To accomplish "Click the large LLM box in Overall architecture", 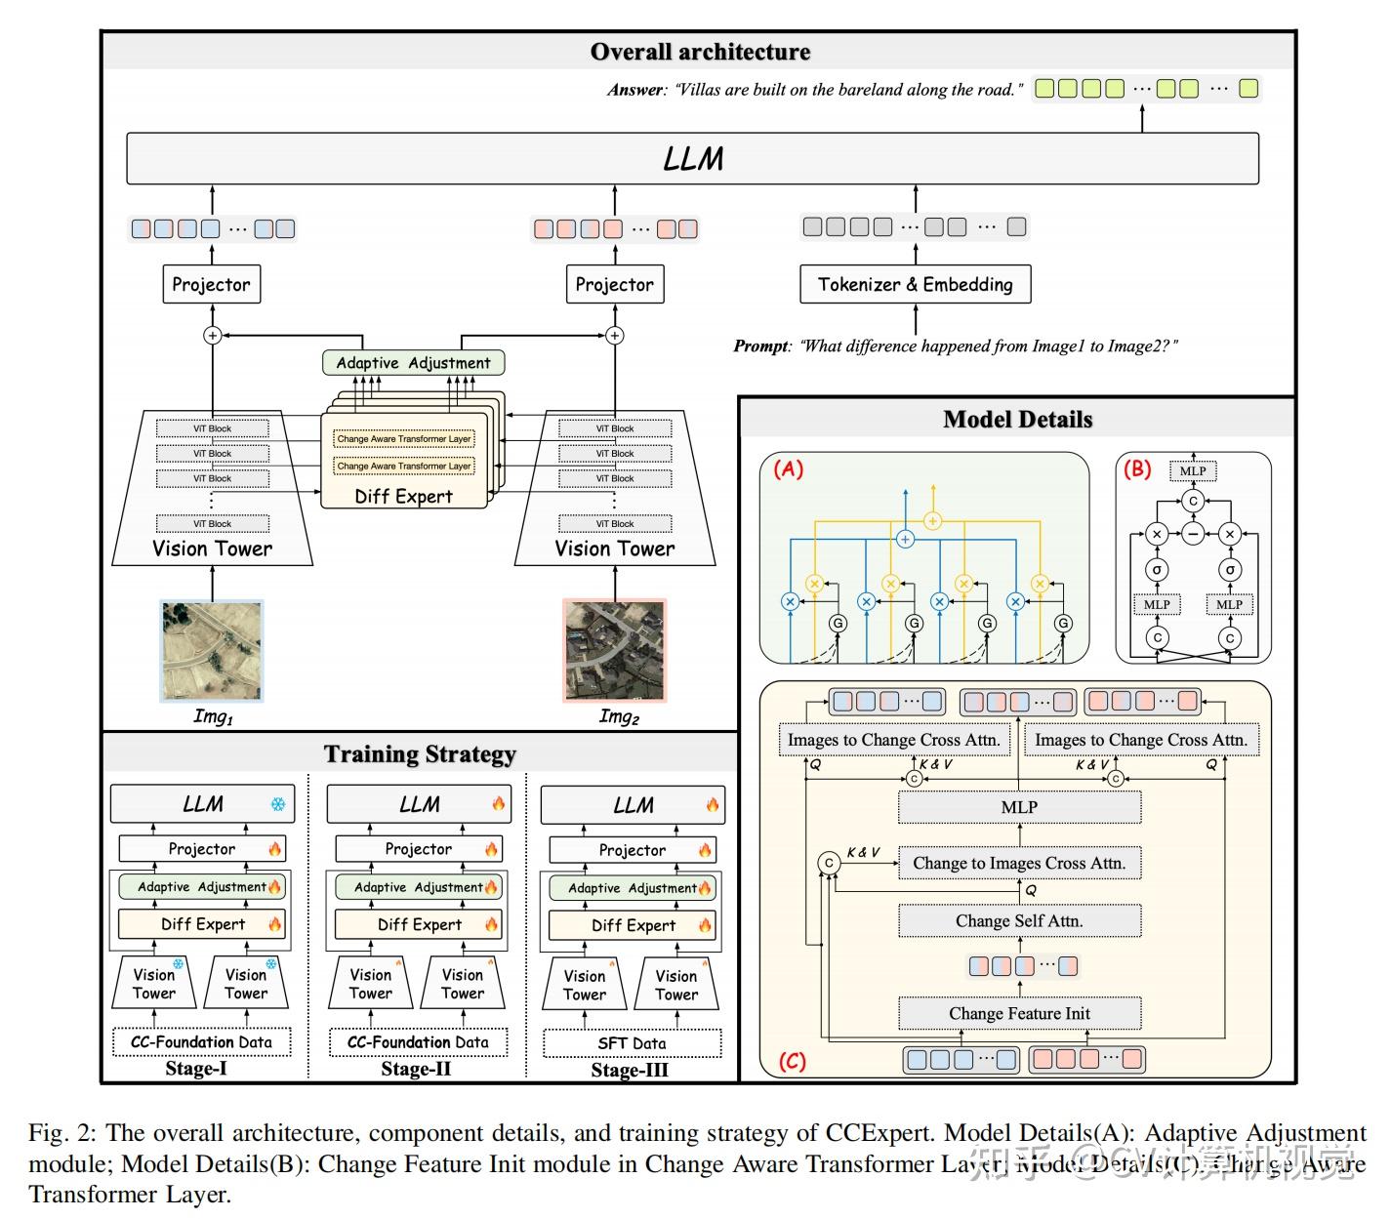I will [692, 158].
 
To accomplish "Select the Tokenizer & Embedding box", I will [915, 284].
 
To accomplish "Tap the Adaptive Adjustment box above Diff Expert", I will [413, 363].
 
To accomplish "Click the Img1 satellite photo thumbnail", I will [212, 650].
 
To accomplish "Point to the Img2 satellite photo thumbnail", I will [615, 650].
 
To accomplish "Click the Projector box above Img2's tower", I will [614, 284].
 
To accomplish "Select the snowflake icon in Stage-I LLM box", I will [278, 805].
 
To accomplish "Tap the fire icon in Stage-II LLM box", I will [499, 805].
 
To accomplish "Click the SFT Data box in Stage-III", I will [632, 1043].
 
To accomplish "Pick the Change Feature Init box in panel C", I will [1019, 1013].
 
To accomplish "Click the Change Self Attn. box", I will [1019, 920].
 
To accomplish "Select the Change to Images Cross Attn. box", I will [1019, 863].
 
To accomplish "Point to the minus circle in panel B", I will [1193, 534].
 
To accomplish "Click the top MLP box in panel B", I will [1193, 471].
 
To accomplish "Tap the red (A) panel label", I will [788, 469].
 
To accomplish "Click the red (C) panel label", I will [792, 1061].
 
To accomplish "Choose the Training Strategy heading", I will [420, 754].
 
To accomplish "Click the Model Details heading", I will [1017, 420].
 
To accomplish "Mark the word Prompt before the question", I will [760, 346].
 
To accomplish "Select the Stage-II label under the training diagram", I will [416, 1069].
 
